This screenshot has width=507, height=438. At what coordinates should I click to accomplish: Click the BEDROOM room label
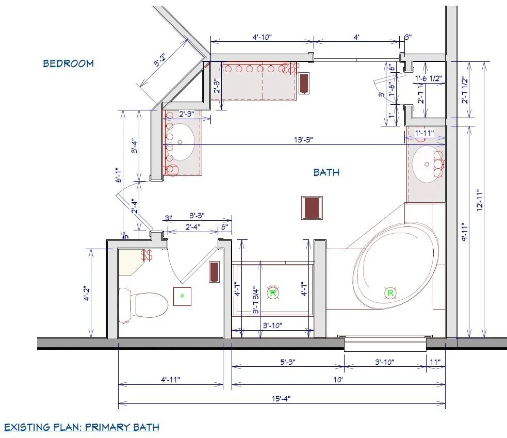tap(68, 63)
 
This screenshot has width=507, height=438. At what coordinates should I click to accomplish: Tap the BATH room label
tap(326, 172)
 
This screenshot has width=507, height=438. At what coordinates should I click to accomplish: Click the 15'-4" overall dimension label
tap(281, 398)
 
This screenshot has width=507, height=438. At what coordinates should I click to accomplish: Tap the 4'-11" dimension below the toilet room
tap(170, 380)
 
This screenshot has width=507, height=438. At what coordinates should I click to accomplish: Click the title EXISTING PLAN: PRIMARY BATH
tap(81, 427)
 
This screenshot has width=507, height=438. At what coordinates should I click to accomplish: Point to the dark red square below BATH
tap(312, 207)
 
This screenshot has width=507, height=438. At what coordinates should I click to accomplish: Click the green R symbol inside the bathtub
tap(390, 293)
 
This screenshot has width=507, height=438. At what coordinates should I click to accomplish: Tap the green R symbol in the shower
tap(273, 293)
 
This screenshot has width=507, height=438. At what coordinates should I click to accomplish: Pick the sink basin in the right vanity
tap(428, 165)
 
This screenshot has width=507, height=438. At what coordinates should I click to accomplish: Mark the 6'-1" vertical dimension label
tap(118, 175)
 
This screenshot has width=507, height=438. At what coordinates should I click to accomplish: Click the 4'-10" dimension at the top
tap(262, 37)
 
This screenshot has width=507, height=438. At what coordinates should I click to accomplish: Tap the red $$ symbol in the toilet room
tap(148, 255)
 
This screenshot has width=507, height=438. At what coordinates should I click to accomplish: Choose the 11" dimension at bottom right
tap(435, 362)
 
